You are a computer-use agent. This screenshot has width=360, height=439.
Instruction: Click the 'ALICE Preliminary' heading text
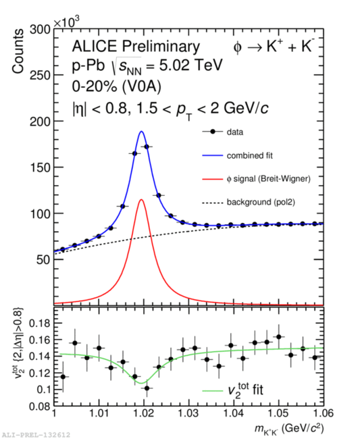136,47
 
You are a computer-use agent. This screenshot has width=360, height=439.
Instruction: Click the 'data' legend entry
235,132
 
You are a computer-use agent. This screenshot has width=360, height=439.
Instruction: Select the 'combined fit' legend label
250,155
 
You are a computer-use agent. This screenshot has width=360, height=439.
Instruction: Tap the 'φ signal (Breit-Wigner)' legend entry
268,178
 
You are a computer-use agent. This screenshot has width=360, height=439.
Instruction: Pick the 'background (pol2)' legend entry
261,202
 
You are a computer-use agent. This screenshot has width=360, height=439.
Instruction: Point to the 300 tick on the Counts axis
40,30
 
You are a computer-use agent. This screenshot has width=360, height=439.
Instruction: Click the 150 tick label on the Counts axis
40,167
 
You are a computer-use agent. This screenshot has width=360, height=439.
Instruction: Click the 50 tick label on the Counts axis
43,259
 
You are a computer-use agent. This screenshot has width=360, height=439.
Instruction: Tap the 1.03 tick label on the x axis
188,413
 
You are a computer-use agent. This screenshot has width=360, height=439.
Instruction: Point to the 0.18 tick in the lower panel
40,324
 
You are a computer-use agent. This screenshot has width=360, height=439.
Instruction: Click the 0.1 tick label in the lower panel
43,390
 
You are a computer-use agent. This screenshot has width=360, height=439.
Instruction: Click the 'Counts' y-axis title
18,51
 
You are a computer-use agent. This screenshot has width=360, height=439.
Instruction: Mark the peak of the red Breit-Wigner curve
141,199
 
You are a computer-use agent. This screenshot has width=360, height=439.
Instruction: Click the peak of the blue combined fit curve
141,131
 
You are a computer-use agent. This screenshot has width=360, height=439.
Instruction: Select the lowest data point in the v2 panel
147,388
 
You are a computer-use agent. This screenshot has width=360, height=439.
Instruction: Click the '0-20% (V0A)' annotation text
117,87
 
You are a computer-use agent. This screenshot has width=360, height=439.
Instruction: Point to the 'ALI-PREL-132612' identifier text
35,435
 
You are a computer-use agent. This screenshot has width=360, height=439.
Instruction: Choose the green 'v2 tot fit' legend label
246,390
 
